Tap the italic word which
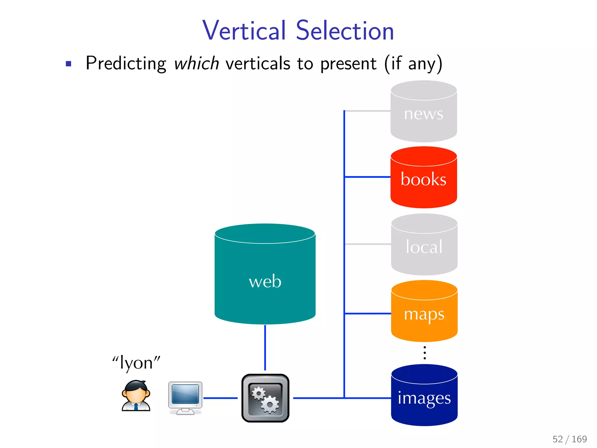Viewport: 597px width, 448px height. pyautogui.click(x=196, y=63)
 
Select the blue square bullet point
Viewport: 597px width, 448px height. pyautogui.click(x=69, y=64)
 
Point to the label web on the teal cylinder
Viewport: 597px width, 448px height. pyautogui.click(x=265, y=282)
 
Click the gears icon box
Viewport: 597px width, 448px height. pyautogui.click(x=265, y=398)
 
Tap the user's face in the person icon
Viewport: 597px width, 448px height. pyautogui.click(x=136, y=394)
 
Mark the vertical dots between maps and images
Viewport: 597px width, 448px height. pyautogui.click(x=425, y=353)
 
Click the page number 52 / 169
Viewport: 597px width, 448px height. pyautogui.click(x=570, y=439)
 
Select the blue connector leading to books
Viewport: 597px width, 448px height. pyautogui.click(x=368, y=177)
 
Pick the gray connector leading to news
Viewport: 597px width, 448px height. pyautogui.click(x=368, y=111)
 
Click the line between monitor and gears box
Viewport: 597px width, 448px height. pyautogui.click(x=220, y=398)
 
